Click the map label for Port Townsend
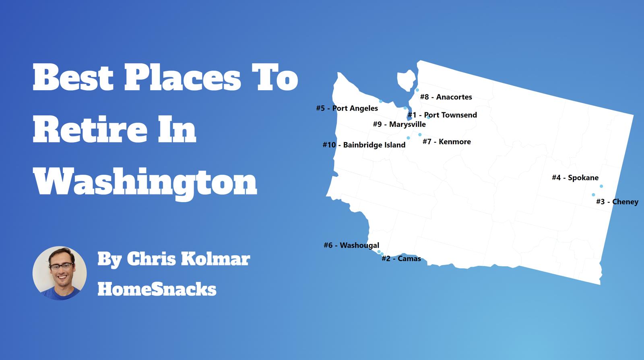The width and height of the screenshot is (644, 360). (x=442, y=115)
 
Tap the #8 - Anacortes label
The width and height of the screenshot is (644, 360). (x=446, y=97)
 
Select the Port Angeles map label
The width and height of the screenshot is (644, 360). (x=347, y=108)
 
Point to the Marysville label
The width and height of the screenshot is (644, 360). (x=399, y=124)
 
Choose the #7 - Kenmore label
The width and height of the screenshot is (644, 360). (x=446, y=142)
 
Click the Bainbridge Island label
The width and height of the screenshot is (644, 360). (x=364, y=145)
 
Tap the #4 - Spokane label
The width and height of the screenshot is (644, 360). (x=575, y=178)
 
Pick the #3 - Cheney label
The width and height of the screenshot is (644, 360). (x=617, y=202)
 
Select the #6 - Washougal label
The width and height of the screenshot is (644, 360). (x=351, y=245)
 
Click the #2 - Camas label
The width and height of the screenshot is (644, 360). (x=401, y=259)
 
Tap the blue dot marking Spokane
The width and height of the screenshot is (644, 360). (x=601, y=186)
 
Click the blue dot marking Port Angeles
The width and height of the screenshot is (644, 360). (x=381, y=101)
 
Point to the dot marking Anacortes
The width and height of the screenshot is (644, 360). (x=417, y=90)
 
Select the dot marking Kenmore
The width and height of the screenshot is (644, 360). (x=420, y=135)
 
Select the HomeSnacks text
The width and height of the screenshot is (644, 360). (x=157, y=289)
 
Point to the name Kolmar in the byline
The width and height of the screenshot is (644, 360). (x=215, y=259)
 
